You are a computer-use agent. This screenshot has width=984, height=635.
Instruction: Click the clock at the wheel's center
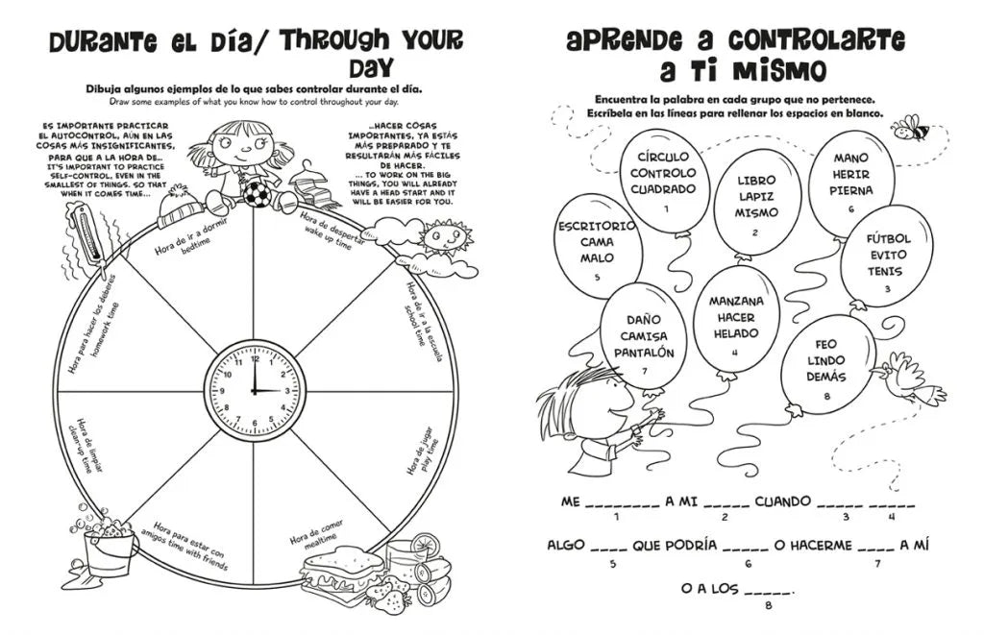[255, 392]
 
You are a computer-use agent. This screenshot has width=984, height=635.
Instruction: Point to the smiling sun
[444, 236]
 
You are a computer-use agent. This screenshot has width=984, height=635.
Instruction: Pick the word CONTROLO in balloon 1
[663, 173]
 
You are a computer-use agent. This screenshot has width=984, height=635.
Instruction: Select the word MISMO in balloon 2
[756, 213]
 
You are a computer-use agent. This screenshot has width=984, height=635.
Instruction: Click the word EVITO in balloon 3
[888, 255]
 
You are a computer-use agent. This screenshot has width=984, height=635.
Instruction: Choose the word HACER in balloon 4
[736, 317]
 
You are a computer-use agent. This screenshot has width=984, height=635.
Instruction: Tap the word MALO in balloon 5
[597, 257]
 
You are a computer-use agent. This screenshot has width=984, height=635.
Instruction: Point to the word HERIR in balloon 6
[850, 174]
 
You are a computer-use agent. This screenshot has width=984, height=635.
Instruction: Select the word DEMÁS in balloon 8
[825, 377]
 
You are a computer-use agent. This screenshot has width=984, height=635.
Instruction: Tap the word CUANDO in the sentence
[783, 501]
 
